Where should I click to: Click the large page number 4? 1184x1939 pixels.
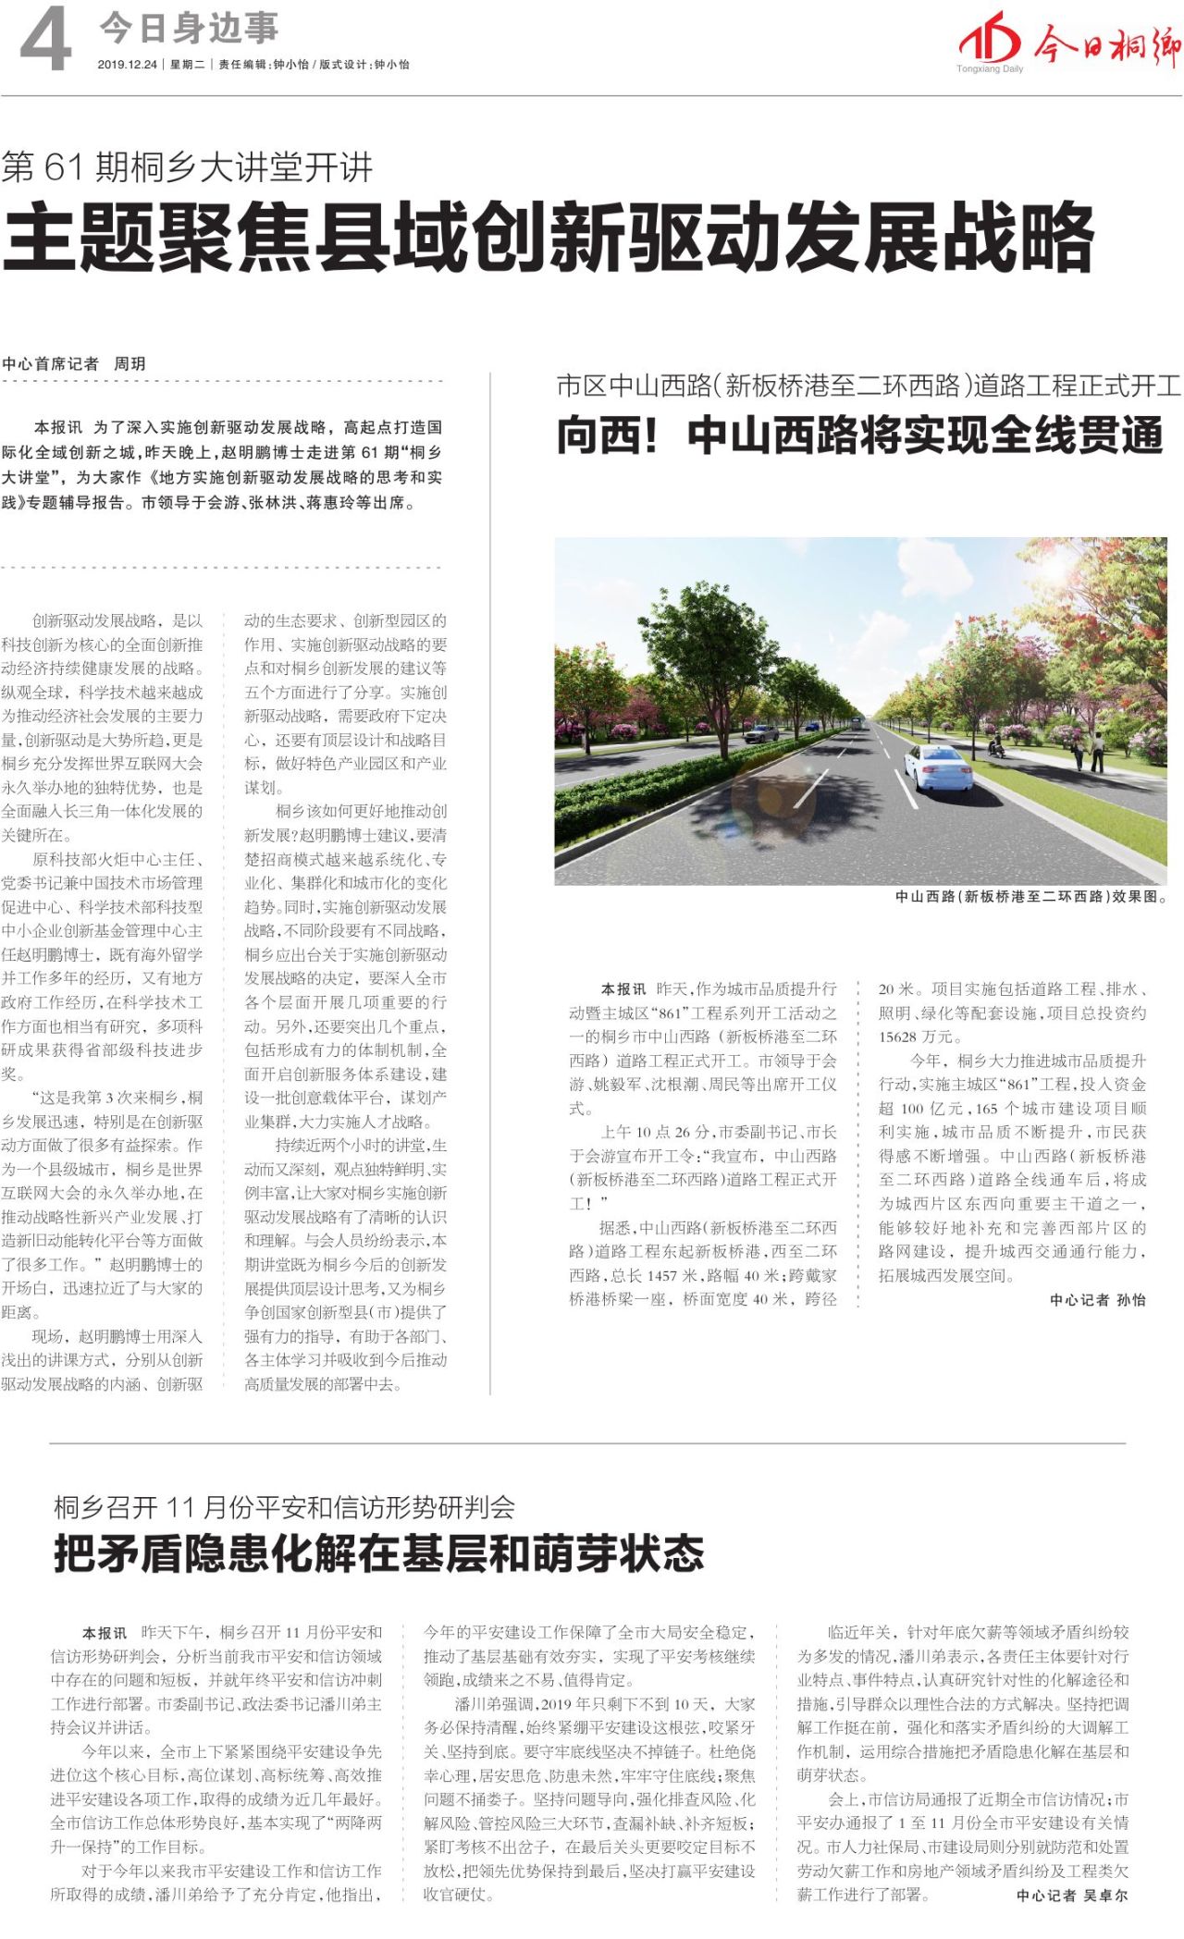[x=45, y=42]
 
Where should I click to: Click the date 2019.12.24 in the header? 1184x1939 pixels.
[x=128, y=65]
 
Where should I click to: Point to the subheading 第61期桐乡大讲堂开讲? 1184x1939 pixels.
[x=188, y=167]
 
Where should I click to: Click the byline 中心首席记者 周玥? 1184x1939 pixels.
[x=74, y=363]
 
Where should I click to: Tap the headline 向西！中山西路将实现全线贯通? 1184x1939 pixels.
[x=859, y=435]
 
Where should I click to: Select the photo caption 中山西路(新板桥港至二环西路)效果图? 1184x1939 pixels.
[x=1030, y=896]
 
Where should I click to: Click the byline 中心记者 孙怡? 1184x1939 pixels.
[x=1097, y=1299]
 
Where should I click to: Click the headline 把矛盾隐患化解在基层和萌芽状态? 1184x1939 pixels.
[x=379, y=1552]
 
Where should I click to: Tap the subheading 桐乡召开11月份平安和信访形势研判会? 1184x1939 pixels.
[x=284, y=1507]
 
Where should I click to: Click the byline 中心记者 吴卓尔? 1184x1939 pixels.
[x=1072, y=1895]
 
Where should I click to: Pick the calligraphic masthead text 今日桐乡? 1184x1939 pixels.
[x=1106, y=43]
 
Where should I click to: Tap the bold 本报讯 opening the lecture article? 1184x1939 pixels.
[x=57, y=427]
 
